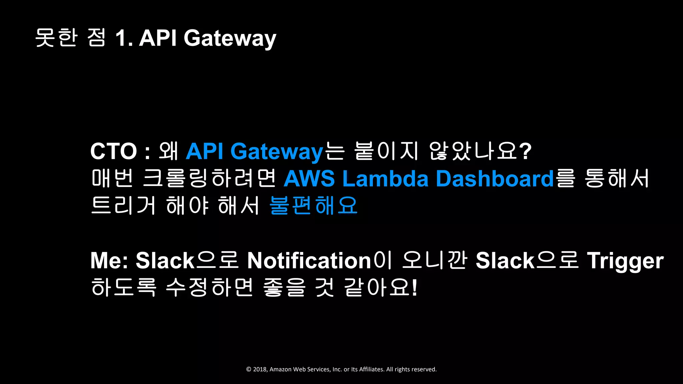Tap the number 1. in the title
click(124, 38)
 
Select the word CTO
click(113, 151)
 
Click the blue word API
click(204, 151)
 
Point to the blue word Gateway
click(276, 152)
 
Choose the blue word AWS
click(309, 179)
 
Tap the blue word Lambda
click(385, 179)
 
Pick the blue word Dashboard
click(495, 179)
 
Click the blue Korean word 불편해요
click(313, 205)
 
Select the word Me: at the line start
click(109, 261)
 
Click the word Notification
click(309, 261)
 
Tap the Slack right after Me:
click(165, 261)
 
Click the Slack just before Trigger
click(505, 261)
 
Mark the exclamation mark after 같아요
click(415, 287)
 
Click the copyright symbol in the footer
click(248, 369)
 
